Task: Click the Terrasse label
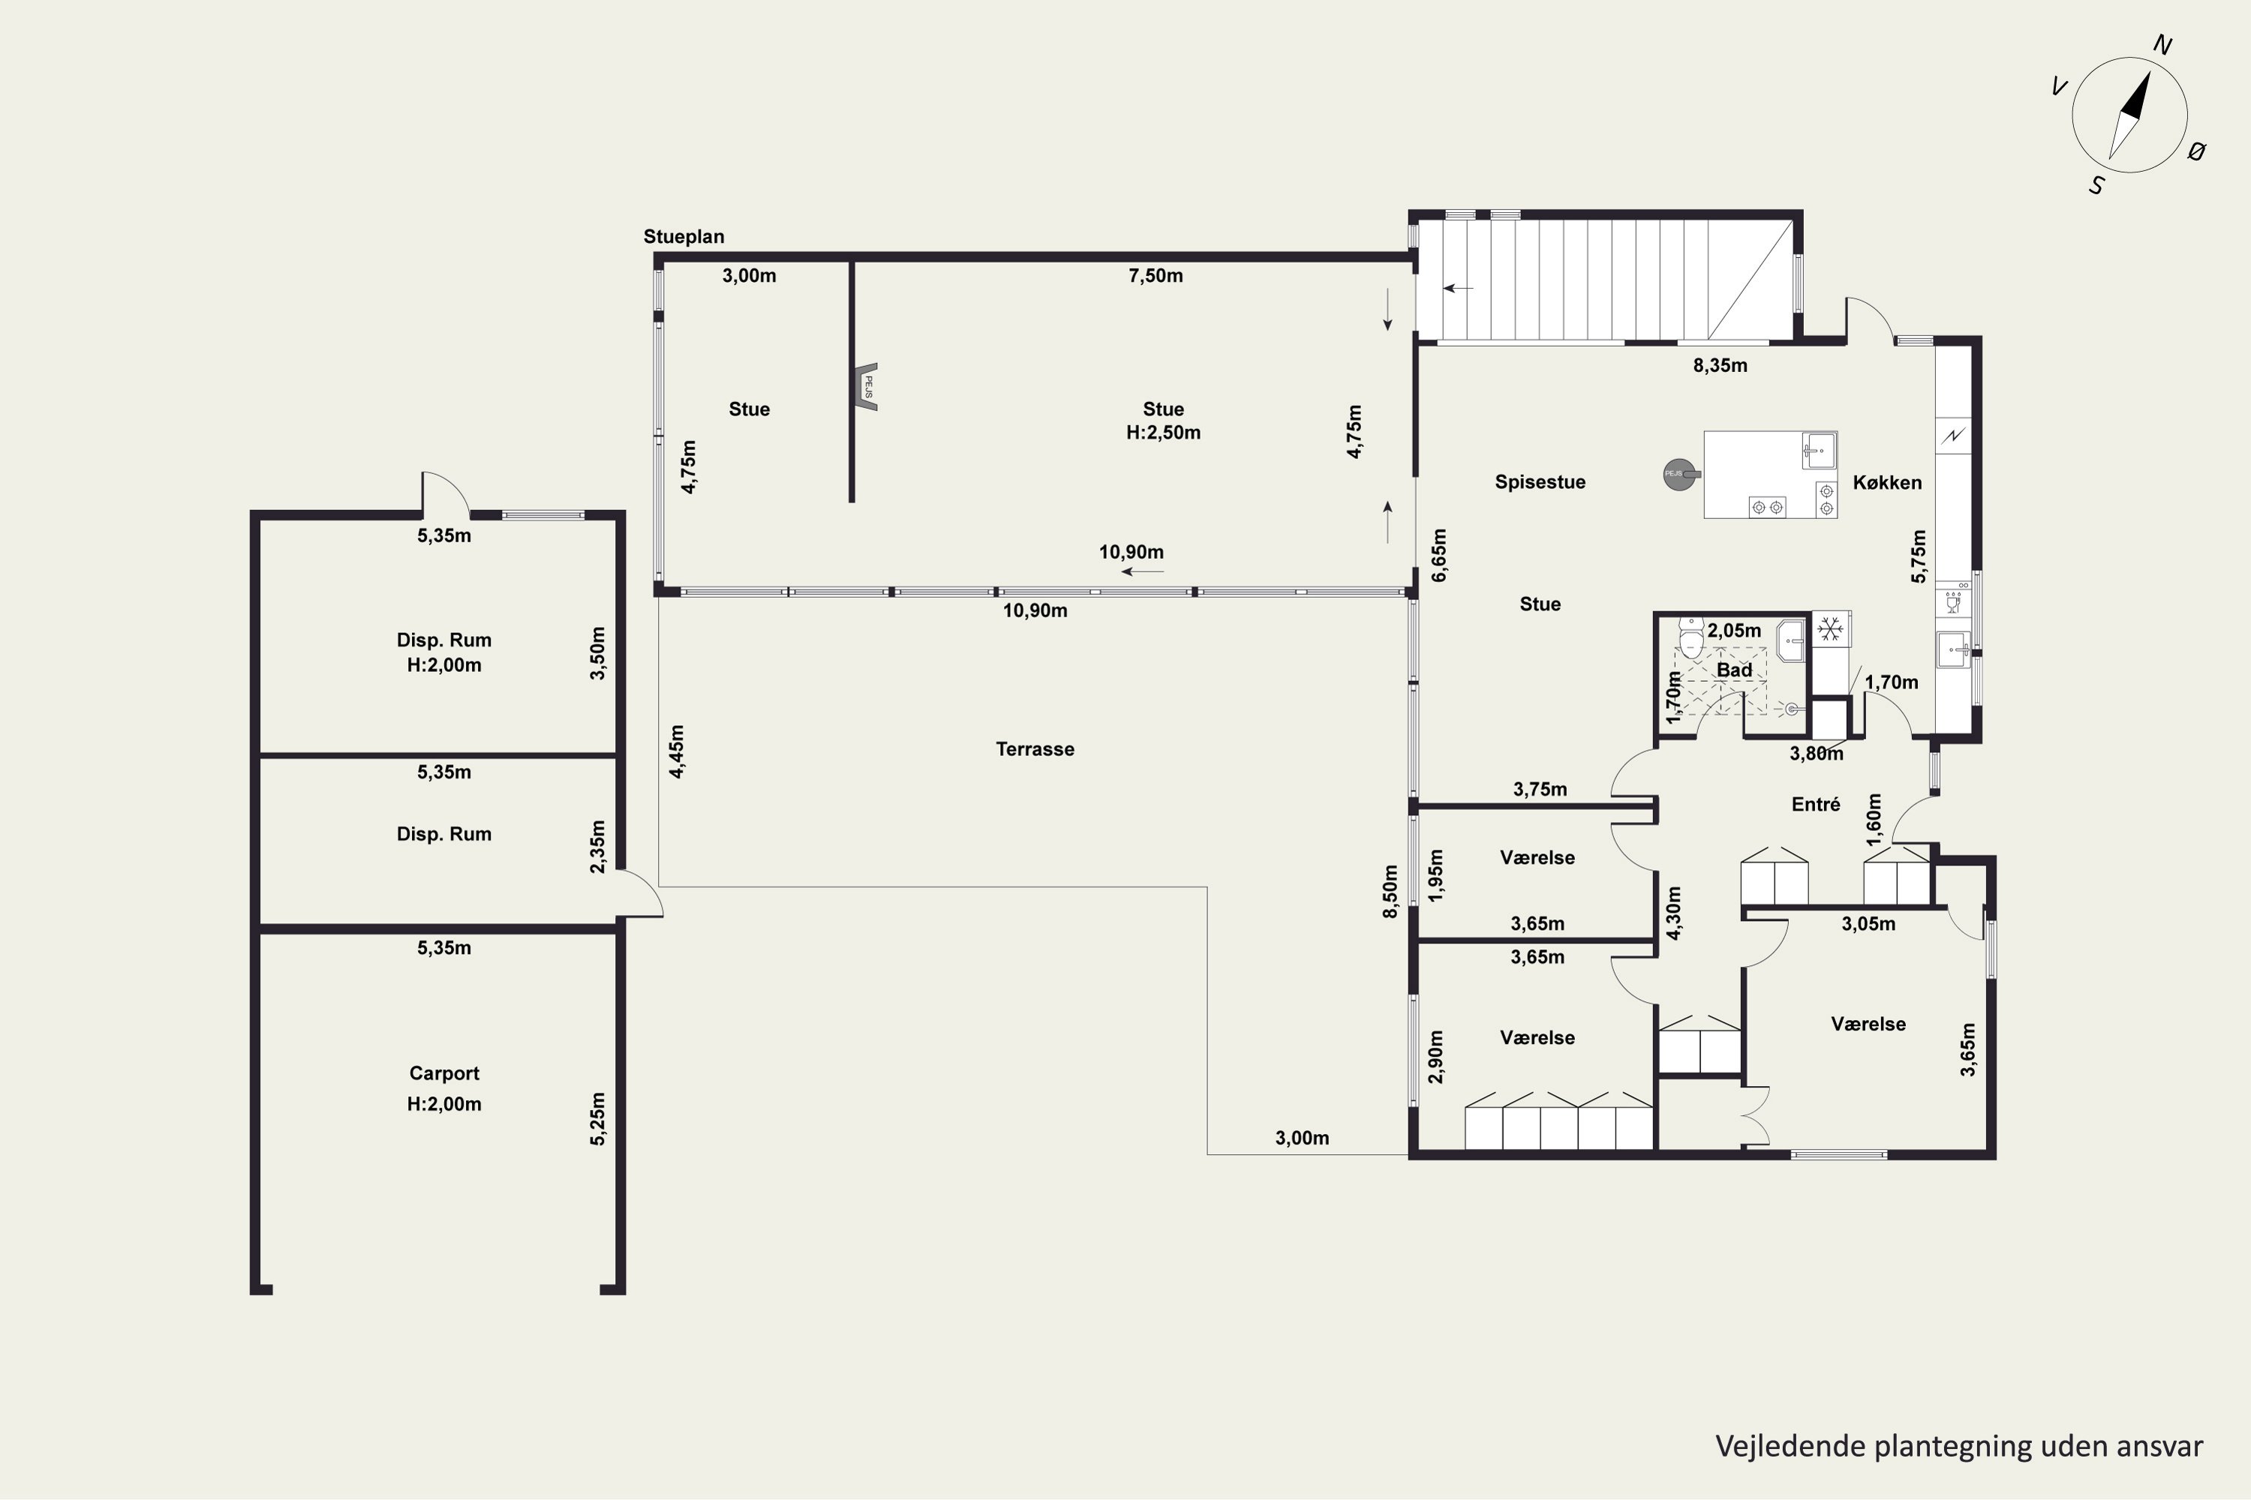[1035, 749]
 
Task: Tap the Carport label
[444, 1073]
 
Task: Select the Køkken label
[1886, 482]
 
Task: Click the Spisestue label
[1540, 482]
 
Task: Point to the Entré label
[1816, 805]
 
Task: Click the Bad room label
[1734, 670]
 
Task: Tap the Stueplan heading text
[684, 236]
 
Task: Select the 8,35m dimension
[1720, 365]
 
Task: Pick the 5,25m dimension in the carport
[597, 1118]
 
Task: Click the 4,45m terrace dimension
[677, 752]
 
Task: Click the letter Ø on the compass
[2198, 151]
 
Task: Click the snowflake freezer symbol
[1831, 629]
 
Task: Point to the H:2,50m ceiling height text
[1163, 433]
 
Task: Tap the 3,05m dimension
[1868, 924]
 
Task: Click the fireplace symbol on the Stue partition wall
[867, 386]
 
